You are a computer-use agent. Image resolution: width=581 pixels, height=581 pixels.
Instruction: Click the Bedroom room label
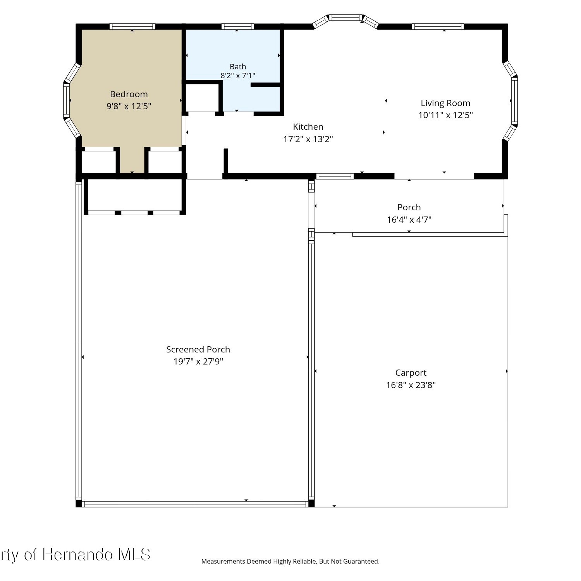[129, 94]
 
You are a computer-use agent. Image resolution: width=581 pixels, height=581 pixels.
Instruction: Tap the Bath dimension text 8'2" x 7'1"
[238, 76]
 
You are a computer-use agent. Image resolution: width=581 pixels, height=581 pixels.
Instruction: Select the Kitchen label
[308, 127]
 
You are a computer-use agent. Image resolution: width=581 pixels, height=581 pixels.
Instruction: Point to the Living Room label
[445, 103]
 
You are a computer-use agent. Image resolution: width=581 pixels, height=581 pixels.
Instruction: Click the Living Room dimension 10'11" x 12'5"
[445, 115]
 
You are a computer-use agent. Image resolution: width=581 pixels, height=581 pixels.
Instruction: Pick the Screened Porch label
[198, 349]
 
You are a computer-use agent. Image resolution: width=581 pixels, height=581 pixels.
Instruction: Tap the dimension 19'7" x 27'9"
[198, 361]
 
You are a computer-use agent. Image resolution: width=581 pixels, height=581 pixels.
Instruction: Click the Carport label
[411, 373]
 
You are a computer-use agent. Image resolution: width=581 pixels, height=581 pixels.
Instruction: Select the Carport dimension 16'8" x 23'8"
[411, 385]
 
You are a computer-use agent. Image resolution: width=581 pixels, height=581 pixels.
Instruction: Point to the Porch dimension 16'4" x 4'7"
[409, 220]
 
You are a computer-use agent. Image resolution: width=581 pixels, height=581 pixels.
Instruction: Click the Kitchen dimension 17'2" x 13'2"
[308, 139]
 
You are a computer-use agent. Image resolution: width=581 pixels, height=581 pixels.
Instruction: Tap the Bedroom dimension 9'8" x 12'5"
[129, 106]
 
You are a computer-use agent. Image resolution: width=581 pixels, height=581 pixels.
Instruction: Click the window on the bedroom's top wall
[132, 27]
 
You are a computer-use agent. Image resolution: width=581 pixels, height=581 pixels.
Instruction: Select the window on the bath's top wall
[238, 27]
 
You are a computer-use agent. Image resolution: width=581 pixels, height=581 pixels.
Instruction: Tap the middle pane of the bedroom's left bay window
[66, 101]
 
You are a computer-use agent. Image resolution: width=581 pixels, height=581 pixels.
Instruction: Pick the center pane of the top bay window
[345, 17]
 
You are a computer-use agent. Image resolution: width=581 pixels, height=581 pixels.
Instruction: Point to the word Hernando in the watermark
[77, 555]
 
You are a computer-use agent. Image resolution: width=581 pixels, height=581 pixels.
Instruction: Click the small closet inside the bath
[202, 97]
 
